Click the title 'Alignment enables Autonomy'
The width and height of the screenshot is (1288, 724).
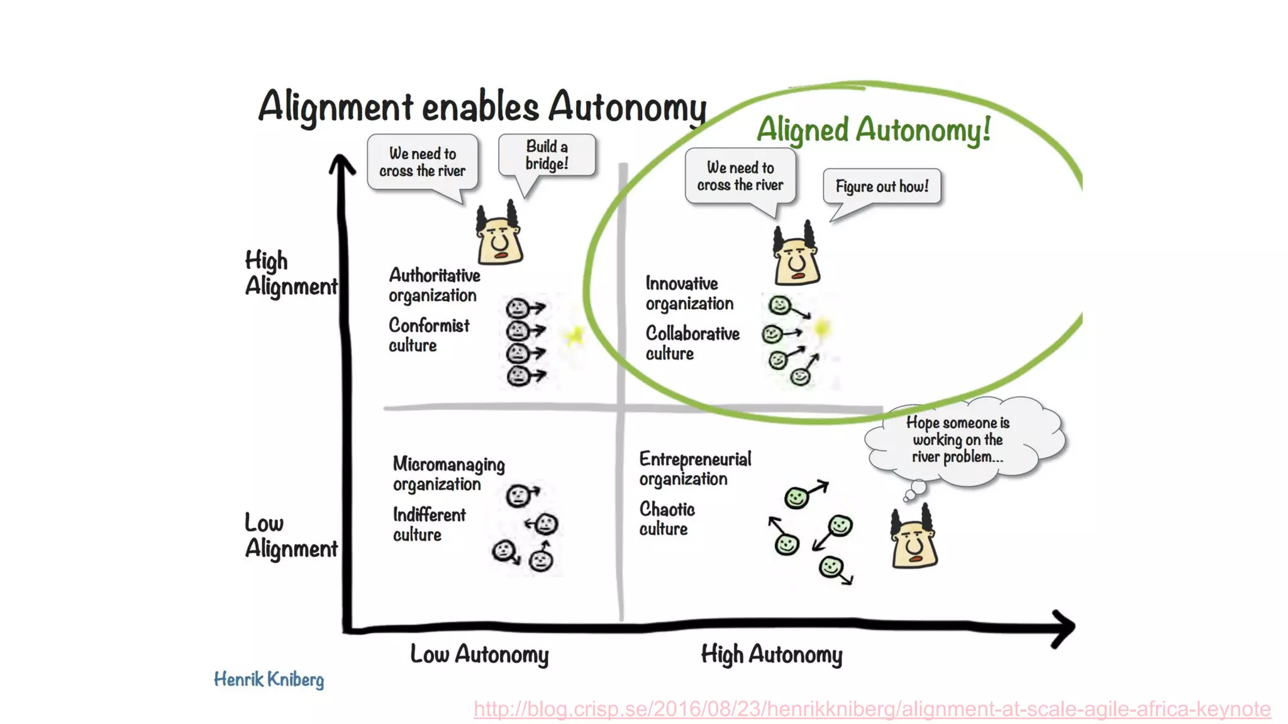tap(482, 106)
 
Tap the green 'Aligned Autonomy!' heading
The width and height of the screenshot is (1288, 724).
tap(874, 129)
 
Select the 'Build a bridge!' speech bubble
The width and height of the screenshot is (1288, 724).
tap(547, 155)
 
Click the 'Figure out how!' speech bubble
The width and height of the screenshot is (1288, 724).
tap(882, 186)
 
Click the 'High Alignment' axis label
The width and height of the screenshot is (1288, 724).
tap(291, 273)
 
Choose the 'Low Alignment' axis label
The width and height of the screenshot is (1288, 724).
tap(291, 536)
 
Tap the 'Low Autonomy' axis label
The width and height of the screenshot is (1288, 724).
tap(479, 654)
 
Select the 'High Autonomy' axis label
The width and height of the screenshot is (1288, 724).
tap(772, 654)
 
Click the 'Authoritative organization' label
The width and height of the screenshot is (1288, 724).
tap(434, 285)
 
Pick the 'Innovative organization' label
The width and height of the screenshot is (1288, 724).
tap(689, 293)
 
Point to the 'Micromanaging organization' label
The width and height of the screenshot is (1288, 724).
tap(448, 474)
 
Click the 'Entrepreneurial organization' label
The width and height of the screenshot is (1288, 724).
tap(695, 469)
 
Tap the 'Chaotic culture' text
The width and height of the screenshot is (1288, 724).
tap(667, 518)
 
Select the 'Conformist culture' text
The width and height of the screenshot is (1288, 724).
tap(428, 335)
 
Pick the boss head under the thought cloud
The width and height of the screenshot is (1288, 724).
tap(914, 539)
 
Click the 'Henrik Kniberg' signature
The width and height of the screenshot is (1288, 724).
tap(269, 679)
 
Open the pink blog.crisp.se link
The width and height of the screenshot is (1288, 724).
tap(872, 709)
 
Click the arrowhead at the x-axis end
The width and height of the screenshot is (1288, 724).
tap(1064, 627)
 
